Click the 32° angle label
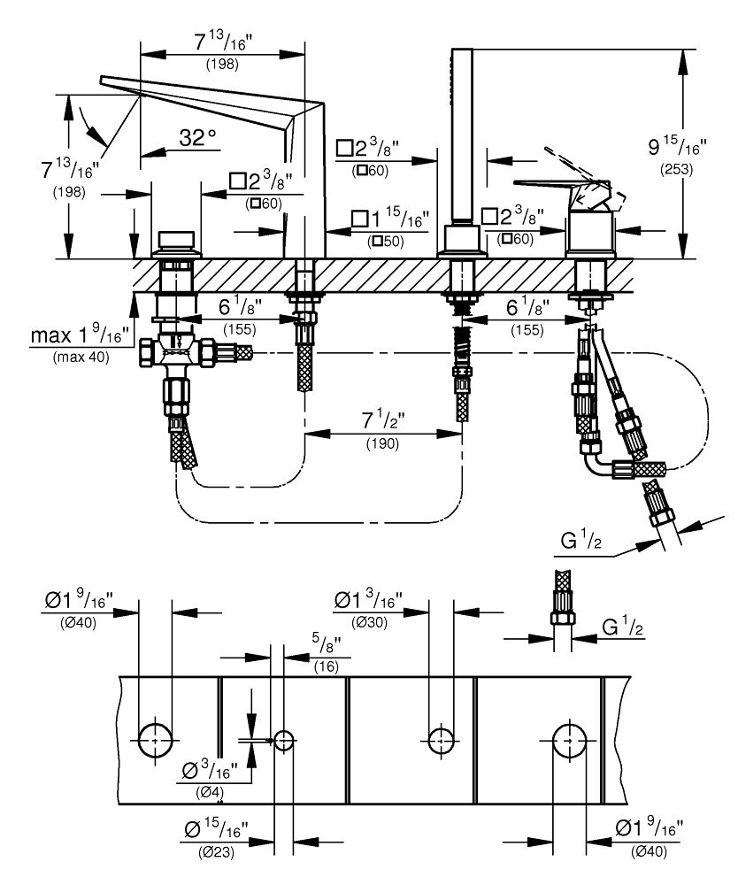[197, 137]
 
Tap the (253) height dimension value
[676, 169]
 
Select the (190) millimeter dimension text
[382, 443]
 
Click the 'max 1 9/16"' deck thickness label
[76, 335]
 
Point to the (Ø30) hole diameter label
[369, 622]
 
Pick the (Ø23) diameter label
[217, 851]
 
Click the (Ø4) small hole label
[210, 792]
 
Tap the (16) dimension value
[326, 666]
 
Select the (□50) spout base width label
[386, 242]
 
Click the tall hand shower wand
[463, 135]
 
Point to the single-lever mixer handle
[563, 186]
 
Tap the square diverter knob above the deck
[177, 241]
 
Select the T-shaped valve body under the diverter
[178, 351]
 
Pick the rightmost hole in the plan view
[570, 740]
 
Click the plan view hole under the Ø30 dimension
[441, 740]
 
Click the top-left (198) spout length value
[222, 64]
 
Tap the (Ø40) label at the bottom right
[649, 851]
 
